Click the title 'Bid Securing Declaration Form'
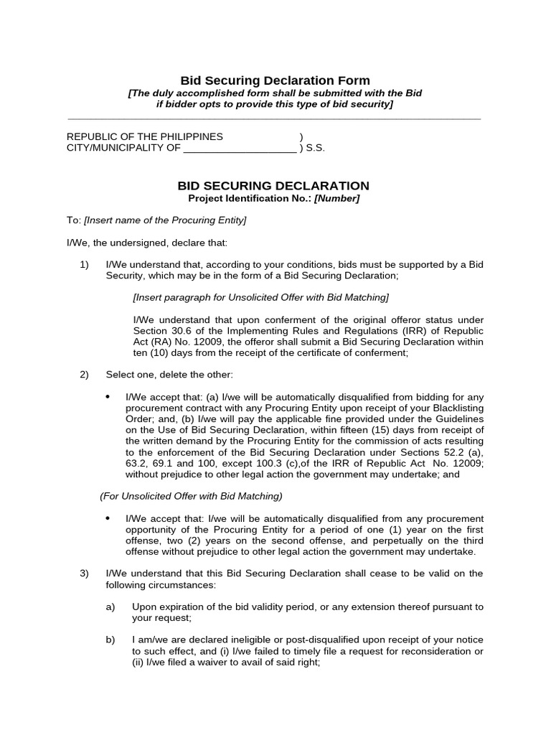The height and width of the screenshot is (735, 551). pyautogui.click(x=275, y=80)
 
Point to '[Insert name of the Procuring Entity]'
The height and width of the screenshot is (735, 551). pyautogui.click(x=165, y=220)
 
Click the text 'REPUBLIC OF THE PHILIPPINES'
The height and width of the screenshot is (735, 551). pyautogui.click(x=145, y=136)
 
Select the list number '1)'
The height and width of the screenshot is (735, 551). pyautogui.click(x=84, y=265)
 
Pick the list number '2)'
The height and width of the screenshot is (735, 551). pyautogui.click(x=84, y=375)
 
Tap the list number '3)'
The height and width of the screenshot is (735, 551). pyautogui.click(x=84, y=573)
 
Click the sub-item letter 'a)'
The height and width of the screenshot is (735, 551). pyautogui.click(x=110, y=607)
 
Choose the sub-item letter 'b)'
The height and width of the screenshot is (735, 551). pyautogui.click(x=110, y=640)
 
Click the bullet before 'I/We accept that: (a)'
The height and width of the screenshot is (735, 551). pyautogui.click(x=108, y=396)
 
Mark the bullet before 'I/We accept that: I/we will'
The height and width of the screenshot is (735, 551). pyautogui.click(x=108, y=518)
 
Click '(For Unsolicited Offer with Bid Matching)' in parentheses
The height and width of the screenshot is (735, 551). pyautogui.click(x=191, y=495)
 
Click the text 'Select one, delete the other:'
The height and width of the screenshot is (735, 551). pyautogui.click(x=169, y=375)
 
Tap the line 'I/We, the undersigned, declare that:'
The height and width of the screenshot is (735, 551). pyautogui.click(x=146, y=243)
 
